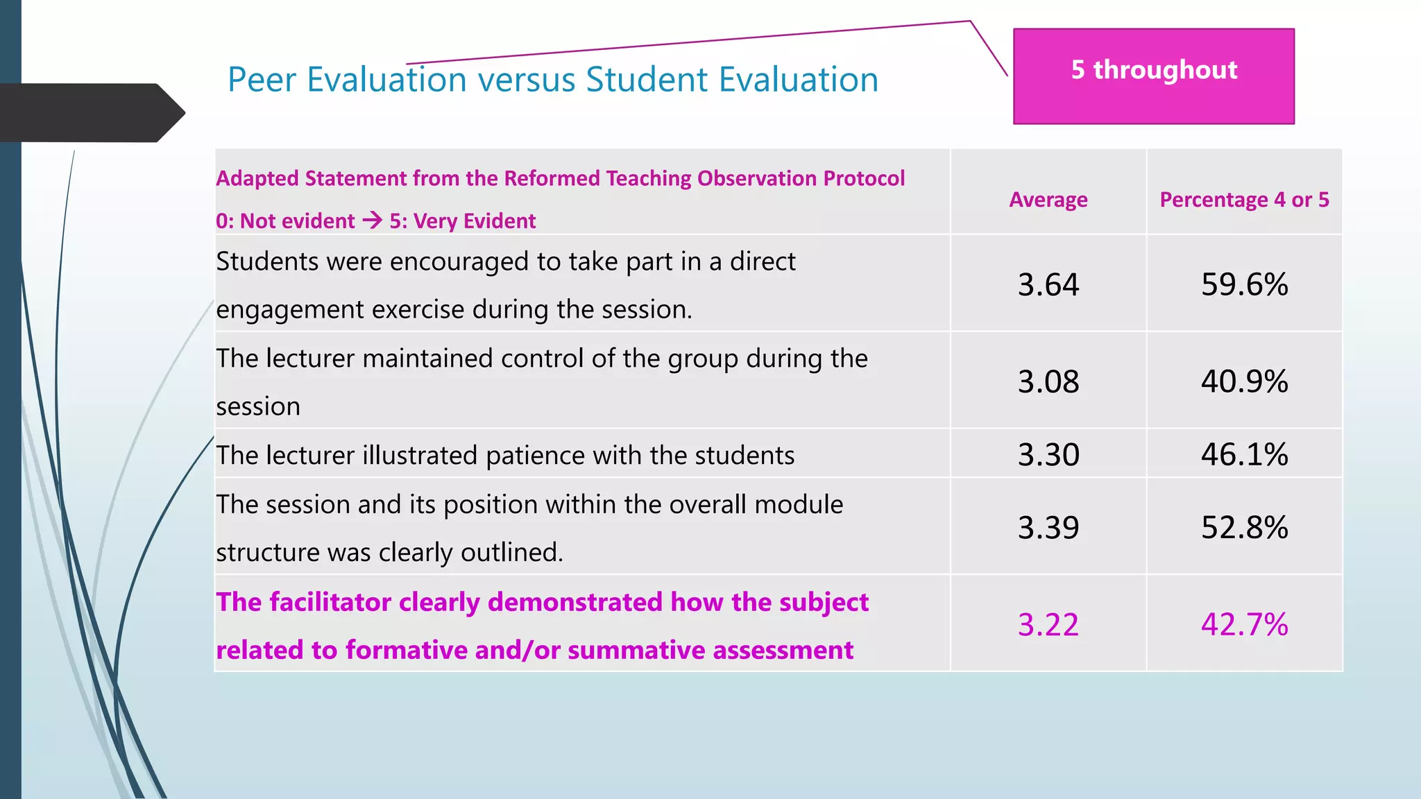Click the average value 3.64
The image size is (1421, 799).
coord(1048,284)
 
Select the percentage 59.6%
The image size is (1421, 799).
coord(1244,284)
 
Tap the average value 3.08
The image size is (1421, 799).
coord(1048,381)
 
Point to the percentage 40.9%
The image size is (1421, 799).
coord(1244,381)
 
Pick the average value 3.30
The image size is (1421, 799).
coord(1048,455)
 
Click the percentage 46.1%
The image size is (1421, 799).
coord(1244,455)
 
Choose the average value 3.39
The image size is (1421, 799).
coord(1048,528)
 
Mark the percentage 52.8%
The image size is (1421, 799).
coord(1244,528)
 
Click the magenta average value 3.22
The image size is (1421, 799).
coord(1048,625)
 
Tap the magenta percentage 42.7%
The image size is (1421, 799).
coord(1244,625)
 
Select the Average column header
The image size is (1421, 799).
coord(1048,200)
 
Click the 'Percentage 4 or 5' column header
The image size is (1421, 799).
coord(1244,200)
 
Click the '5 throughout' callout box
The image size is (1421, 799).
coord(1153,76)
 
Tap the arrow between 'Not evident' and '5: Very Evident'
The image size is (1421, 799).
coord(372,221)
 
